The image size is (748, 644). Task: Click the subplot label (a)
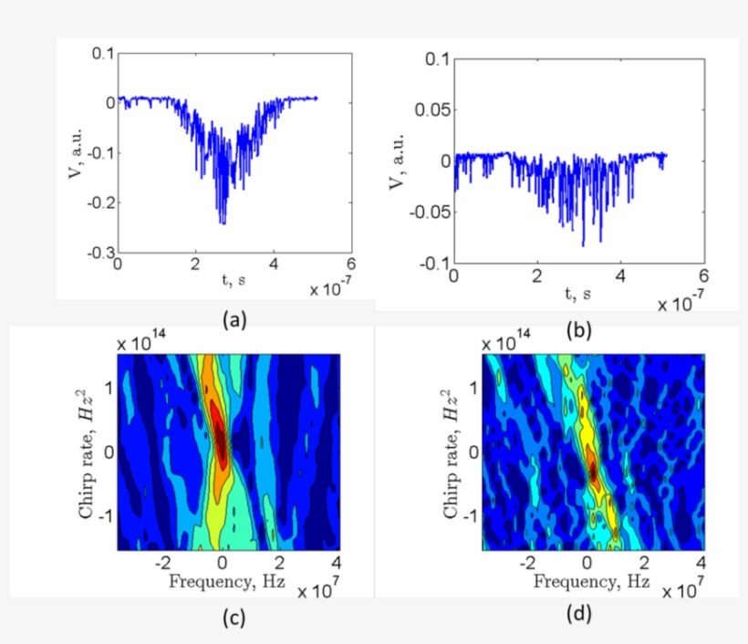point(234,318)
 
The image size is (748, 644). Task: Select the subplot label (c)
point(234,618)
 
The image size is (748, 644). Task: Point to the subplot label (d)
point(578,615)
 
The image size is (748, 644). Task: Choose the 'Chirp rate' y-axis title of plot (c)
point(86,452)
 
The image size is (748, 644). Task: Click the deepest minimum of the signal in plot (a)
point(222,223)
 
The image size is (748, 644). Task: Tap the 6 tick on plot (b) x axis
point(702,275)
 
